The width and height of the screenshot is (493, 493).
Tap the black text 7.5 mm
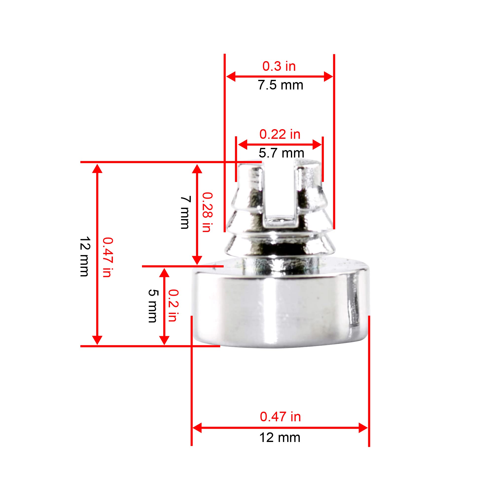[280, 85]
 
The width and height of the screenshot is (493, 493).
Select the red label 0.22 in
[280, 134]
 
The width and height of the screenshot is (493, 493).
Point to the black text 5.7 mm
[281, 153]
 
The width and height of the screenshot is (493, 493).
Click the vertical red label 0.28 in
[208, 212]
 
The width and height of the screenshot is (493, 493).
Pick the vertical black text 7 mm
[186, 212]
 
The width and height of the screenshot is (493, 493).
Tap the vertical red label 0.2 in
[174, 305]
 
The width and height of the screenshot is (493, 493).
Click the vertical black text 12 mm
[85, 256]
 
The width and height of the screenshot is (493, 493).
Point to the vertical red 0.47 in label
[108, 257]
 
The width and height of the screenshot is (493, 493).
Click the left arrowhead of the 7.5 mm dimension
[230, 77]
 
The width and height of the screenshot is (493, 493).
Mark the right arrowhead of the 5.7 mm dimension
[317, 145]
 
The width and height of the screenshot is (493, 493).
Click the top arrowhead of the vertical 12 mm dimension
[97, 169]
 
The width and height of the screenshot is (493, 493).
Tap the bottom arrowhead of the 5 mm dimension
[164, 340]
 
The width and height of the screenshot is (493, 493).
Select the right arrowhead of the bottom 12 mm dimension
[363, 428]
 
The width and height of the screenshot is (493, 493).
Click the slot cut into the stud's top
[279, 189]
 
